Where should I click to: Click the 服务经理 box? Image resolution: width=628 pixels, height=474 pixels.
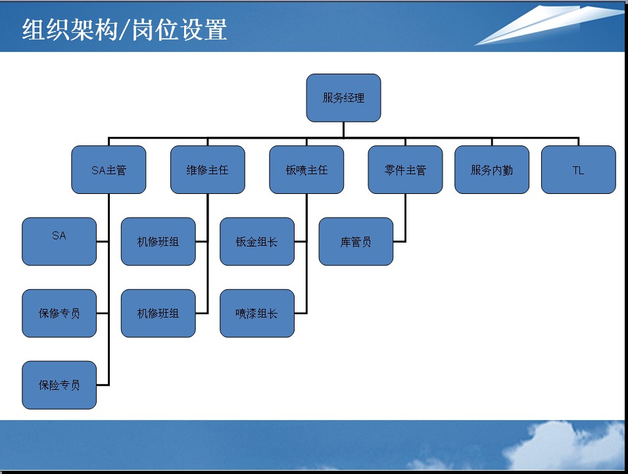(343, 98)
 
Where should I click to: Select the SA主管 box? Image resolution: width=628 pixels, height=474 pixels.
(109, 170)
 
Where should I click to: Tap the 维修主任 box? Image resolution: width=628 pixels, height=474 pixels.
(207, 170)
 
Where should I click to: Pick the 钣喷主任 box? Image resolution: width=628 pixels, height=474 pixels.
(306, 170)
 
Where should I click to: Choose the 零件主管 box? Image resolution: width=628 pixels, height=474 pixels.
(405, 170)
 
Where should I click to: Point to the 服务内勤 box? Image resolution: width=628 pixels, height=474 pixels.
(492, 170)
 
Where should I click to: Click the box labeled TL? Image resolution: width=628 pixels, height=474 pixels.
(578, 170)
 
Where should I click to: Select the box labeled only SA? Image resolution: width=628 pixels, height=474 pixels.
(59, 241)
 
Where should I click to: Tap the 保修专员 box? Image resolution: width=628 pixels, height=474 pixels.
(59, 314)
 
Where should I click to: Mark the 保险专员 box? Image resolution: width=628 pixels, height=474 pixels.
(59, 385)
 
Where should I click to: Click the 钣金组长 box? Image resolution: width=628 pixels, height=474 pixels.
(257, 241)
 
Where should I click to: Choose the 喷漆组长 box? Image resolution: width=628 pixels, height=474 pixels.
(257, 314)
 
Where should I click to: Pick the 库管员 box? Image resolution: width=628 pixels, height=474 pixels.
(356, 241)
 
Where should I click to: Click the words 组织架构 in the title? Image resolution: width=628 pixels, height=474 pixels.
(69, 30)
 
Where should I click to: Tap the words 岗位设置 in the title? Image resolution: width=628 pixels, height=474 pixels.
(180, 30)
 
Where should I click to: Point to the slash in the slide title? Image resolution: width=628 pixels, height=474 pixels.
(124, 30)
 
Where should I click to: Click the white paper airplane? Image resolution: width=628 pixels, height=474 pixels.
(548, 24)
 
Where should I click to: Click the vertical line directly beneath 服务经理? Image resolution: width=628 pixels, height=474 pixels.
(344, 130)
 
